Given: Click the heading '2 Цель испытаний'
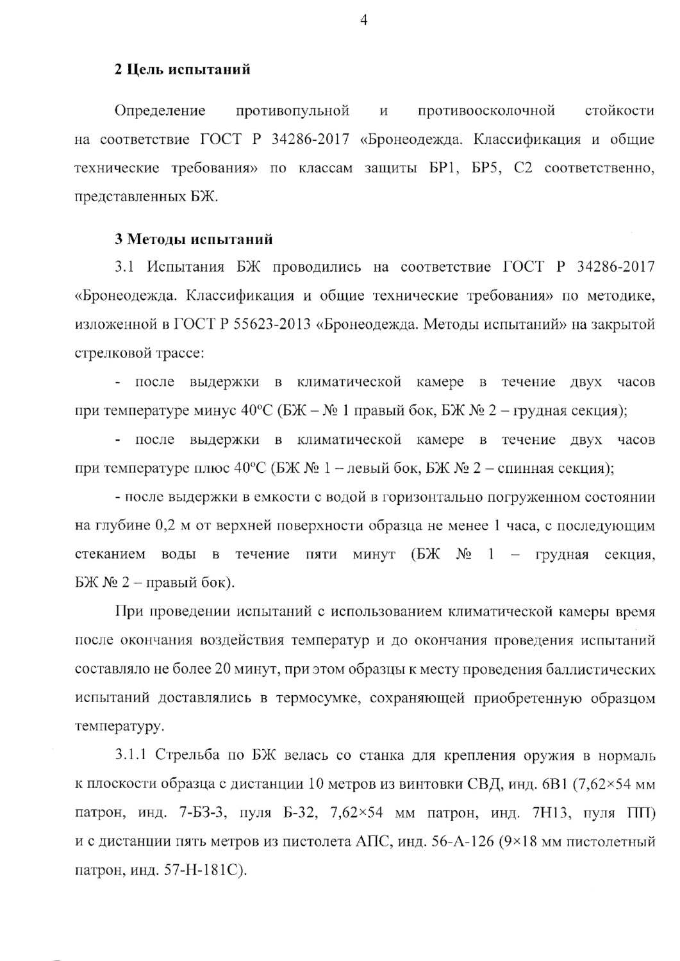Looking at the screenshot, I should pyautogui.click(x=182, y=69).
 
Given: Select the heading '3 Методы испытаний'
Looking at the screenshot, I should pyautogui.click(x=194, y=240).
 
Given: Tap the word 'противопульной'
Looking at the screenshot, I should pyautogui.click(x=293, y=111).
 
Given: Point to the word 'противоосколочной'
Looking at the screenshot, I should pyautogui.click(x=486, y=111).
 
